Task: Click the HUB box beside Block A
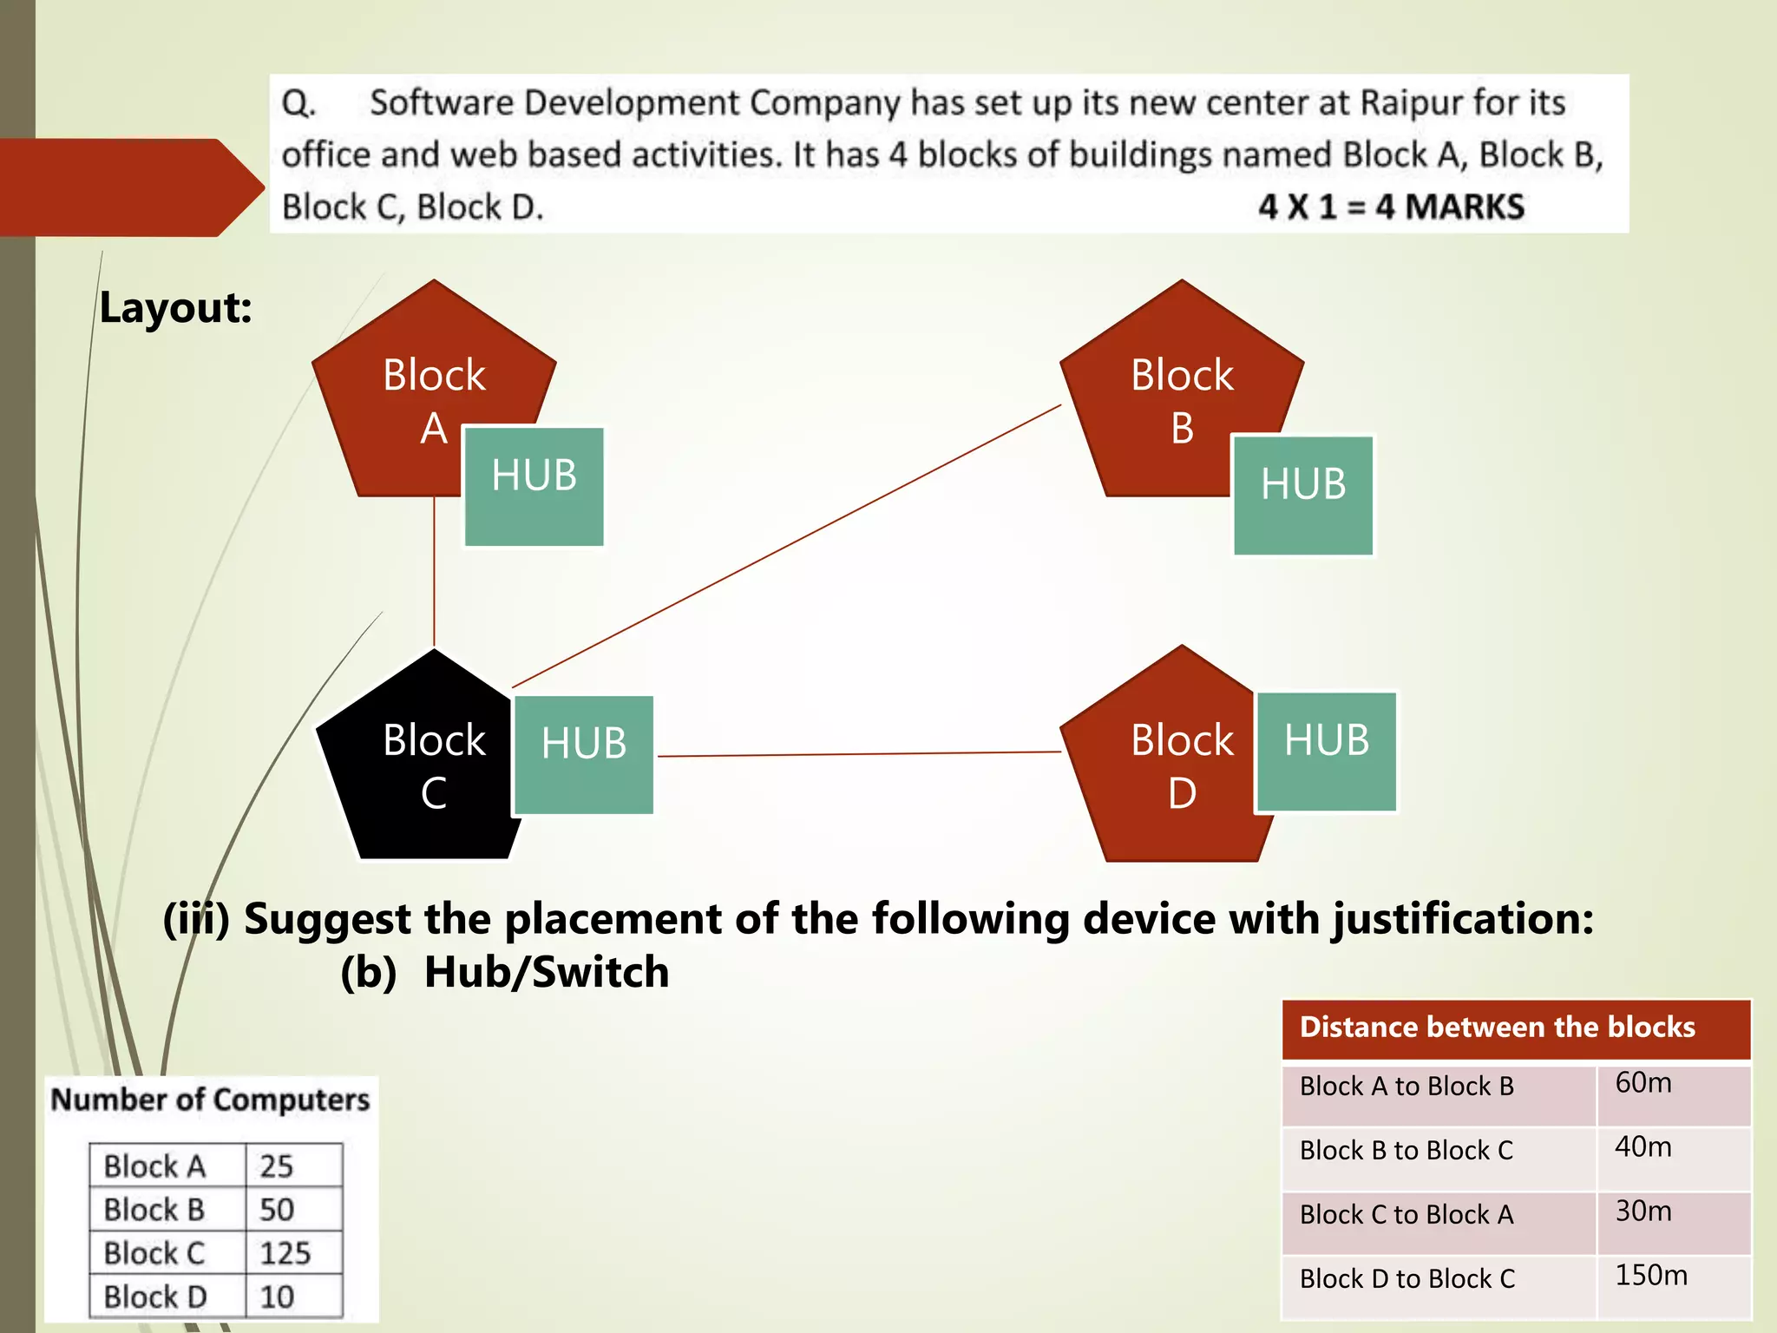(534, 486)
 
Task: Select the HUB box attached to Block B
(1303, 495)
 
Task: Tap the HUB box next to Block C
(583, 754)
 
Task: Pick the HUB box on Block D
(1326, 752)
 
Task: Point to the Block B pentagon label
(1181, 400)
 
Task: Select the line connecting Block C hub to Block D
(859, 754)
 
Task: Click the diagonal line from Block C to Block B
(785, 547)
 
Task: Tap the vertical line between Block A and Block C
(434, 573)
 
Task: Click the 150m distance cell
(1651, 1276)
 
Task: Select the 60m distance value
(1643, 1083)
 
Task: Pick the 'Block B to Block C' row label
(1406, 1151)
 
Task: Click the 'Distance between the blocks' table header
(1497, 1028)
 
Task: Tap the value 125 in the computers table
(285, 1253)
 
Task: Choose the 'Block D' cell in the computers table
(155, 1297)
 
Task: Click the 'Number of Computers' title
(210, 1100)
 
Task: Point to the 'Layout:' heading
(175, 308)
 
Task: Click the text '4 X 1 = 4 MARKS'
(1391, 207)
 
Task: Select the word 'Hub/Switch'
(547, 972)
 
